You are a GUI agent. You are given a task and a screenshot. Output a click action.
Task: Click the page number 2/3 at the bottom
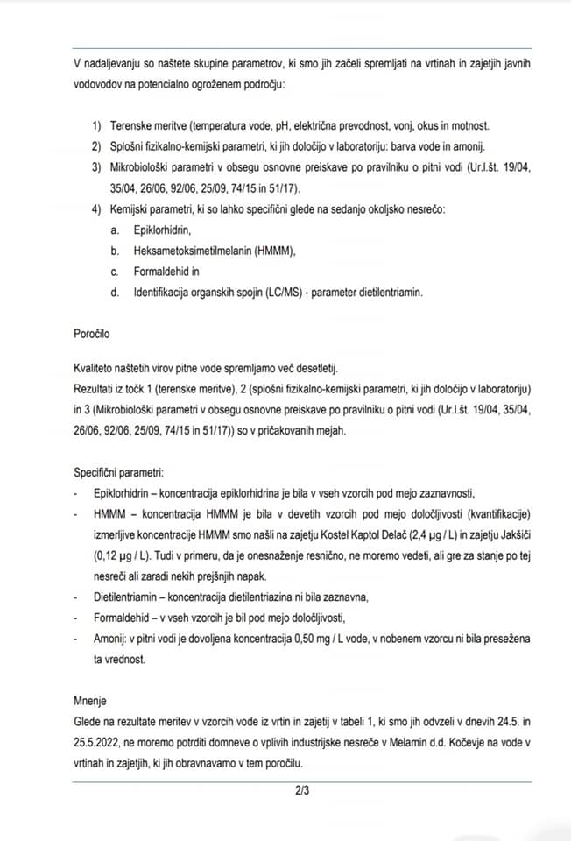[x=302, y=792]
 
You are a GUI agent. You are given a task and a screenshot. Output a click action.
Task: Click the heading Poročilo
[x=94, y=334]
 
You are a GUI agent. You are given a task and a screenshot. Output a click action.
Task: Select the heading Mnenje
[x=93, y=701]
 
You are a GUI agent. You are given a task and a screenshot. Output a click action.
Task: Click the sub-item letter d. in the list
[x=115, y=293]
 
